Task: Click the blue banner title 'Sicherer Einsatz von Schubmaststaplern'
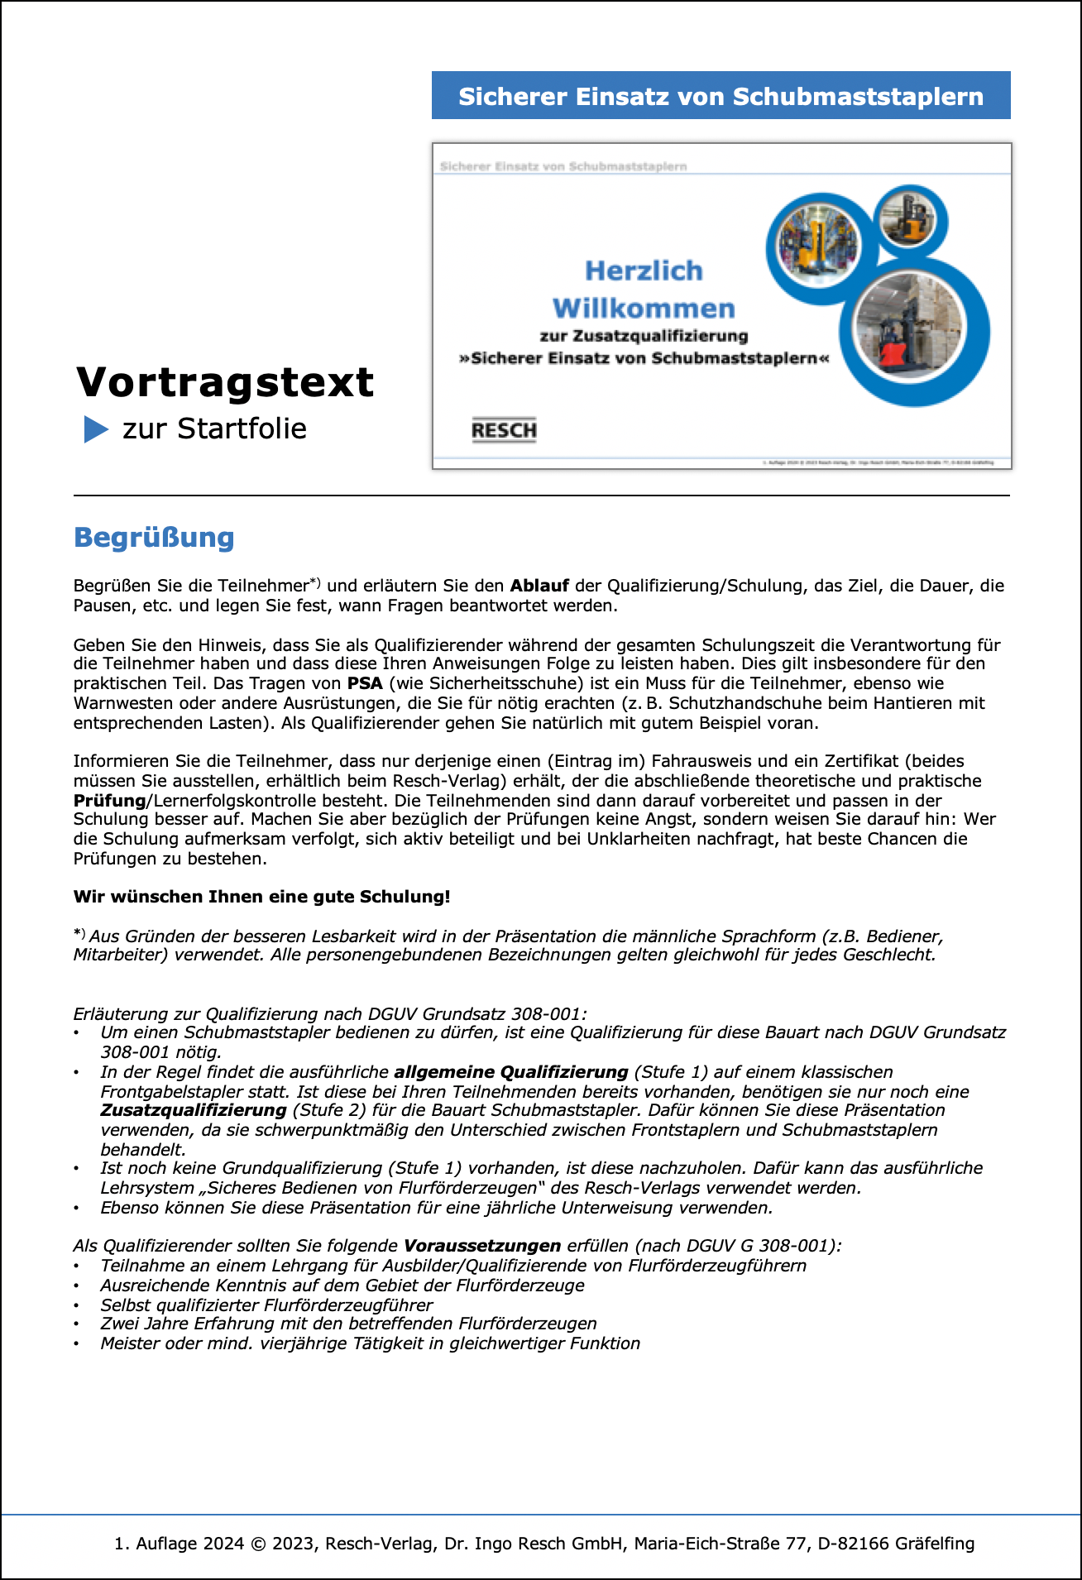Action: (721, 96)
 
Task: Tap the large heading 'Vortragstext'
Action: (225, 382)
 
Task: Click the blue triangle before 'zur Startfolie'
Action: (96, 429)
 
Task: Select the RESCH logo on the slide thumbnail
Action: (504, 430)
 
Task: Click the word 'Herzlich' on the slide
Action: (644, 271)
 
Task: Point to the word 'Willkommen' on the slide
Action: (644, 309)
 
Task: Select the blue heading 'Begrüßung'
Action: (154, 538)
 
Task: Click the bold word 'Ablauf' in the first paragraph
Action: (539, 586)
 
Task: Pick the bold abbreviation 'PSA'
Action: (365, 683)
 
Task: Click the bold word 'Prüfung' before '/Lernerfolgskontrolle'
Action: (109, 801)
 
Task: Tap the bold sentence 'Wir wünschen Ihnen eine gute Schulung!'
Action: (261, 897)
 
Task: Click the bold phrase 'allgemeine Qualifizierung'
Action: (510, 1072)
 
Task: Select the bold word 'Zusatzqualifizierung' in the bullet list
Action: (194, 1110)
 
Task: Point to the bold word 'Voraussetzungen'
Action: (482, 1246)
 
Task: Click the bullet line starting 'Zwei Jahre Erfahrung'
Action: (348, 1324)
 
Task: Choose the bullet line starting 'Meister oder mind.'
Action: (370, 1343)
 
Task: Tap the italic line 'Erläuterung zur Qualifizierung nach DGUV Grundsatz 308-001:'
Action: (330, 1014)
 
